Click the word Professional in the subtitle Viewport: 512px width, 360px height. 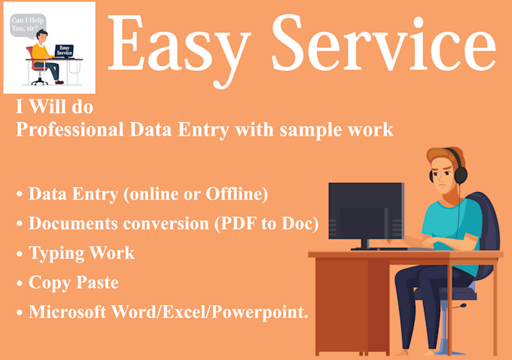pyautogui.click(x=72, y=130)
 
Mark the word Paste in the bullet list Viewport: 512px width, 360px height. pyautogui.click(x=97, y=283)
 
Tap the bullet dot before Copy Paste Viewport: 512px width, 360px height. pyautogui.click(x=20, y=285)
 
